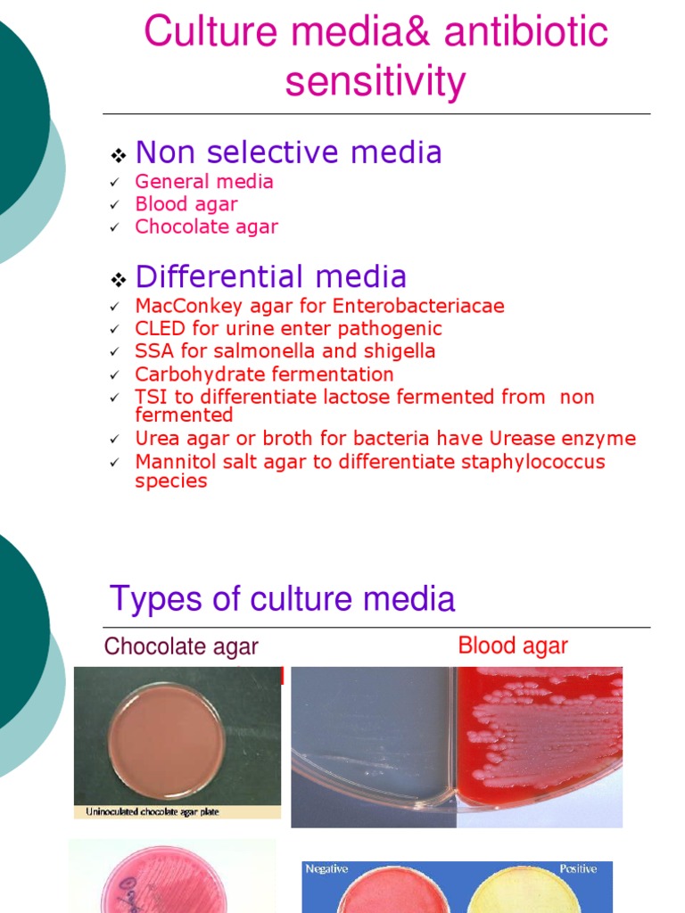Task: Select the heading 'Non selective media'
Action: (288, 152)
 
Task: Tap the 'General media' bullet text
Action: (204, 182)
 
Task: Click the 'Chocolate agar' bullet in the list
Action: (206, 226)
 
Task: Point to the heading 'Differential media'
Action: (271, 276)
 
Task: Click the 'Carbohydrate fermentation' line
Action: (264, 374)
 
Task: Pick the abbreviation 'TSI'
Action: (152, 397)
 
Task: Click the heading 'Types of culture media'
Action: (282, 598)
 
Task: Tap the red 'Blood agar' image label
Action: (512, 646)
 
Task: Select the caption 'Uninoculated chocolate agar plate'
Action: (152, 811)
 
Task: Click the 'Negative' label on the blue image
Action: (326, 868)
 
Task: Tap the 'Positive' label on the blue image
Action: (578, 868)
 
